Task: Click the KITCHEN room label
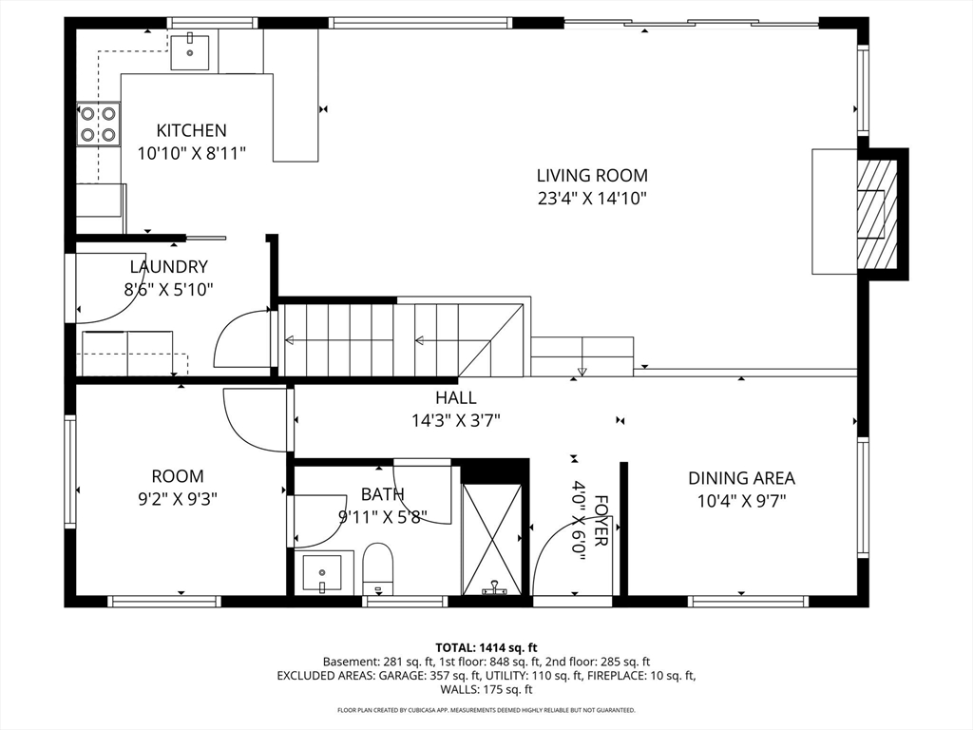[191, 130]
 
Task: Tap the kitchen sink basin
[190, 52]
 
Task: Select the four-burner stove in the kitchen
[99, 125]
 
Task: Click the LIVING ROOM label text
[592, 176]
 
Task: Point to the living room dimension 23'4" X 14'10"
[592, 199]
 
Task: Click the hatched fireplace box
[877, 213]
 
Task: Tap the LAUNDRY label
[169, 267]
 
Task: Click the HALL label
[456, 397]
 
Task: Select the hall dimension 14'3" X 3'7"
[456, 421]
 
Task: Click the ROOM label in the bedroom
[178, 476]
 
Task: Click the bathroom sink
[322, 573]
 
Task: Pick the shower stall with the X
[492, 538]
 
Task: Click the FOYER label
[601, 521]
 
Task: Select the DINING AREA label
[741, 478]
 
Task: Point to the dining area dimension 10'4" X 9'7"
[741, 501]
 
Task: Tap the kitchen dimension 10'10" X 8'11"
[192, 153]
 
